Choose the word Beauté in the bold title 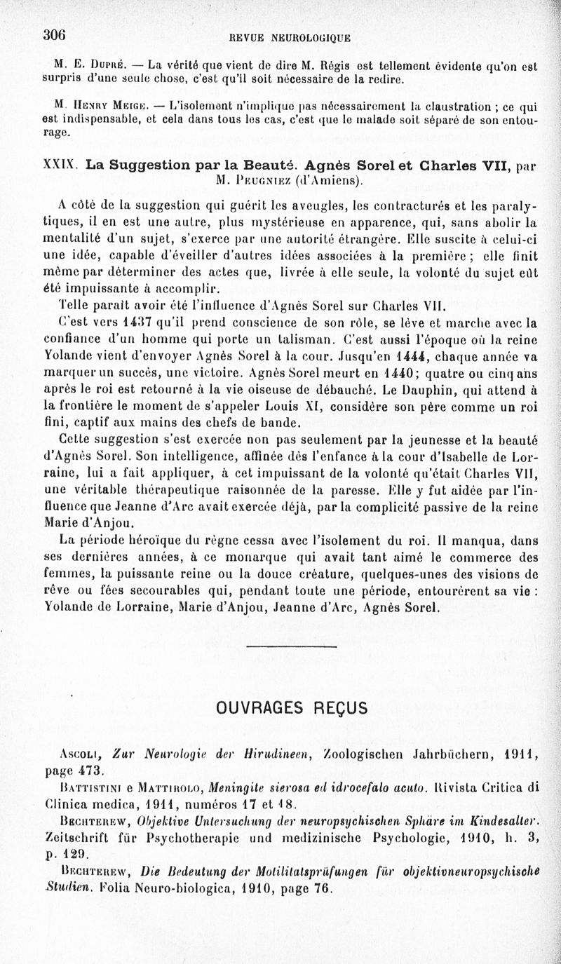[x=264, y=167]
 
